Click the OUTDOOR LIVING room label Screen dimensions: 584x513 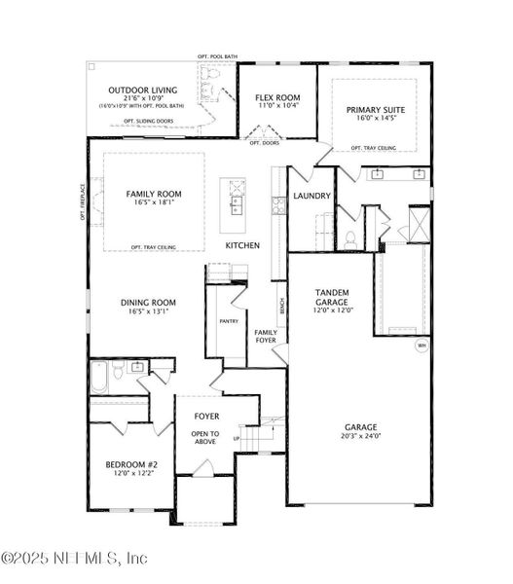(x=141, y=89)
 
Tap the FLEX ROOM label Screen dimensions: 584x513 (x=277, y=98)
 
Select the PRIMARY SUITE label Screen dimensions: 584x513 (x=375, y=110)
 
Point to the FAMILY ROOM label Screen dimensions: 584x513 (x=154, y=194)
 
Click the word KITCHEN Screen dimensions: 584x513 (x=242, y=245)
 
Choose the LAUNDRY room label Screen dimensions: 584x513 (x=312, y=196)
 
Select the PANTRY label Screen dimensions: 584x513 (x=229, y=320)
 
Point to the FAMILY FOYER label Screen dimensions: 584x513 (x=266, y=336)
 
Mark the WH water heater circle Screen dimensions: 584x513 (x=421, y=346)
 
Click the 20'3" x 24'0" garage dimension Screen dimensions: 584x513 (x=359, y=437)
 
